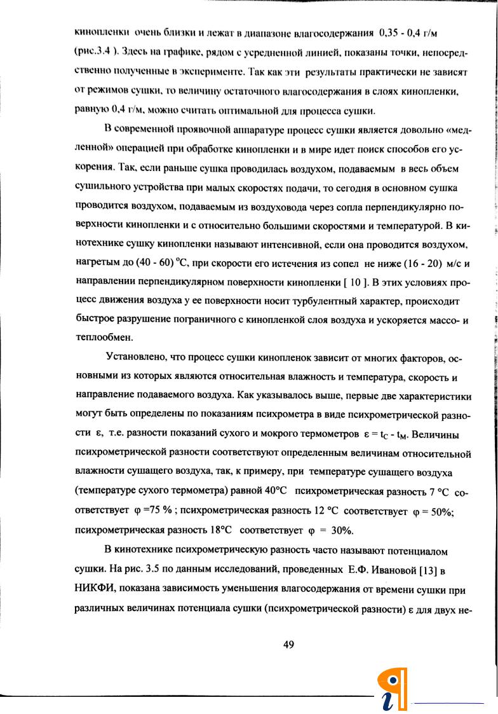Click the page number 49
pyautogui.click(x=288, y=645)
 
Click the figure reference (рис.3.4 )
pyautogui.click(x=95, y=48)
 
